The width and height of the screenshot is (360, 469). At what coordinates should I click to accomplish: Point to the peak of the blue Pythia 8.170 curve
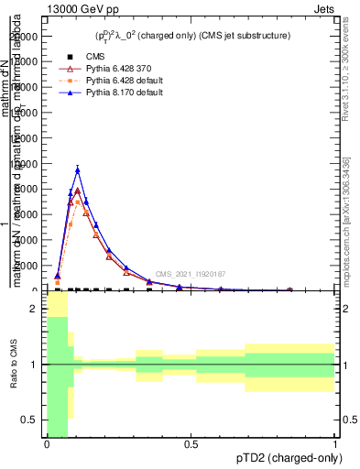coord(78,169)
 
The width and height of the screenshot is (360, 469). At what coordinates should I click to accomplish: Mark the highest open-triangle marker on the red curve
coord(78,191)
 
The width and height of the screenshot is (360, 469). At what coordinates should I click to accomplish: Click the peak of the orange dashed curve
coord(78,199)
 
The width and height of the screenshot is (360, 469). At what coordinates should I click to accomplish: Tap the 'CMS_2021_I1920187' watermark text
coord(190,274)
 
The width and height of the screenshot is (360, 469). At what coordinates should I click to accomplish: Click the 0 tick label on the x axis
coord(47,443)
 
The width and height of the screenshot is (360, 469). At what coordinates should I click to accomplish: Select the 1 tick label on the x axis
coord(335,443)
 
